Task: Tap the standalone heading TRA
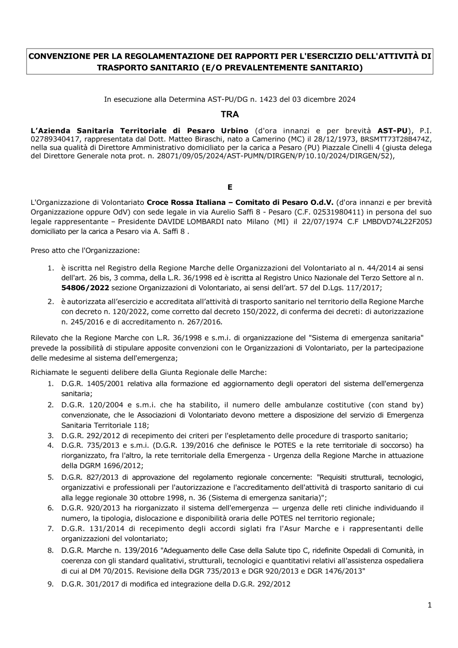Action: (229, 114)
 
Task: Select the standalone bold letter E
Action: (230, 187)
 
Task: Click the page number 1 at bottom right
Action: (430, 605)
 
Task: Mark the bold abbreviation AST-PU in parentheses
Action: (392, 130)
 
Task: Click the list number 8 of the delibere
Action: (50, 550)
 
